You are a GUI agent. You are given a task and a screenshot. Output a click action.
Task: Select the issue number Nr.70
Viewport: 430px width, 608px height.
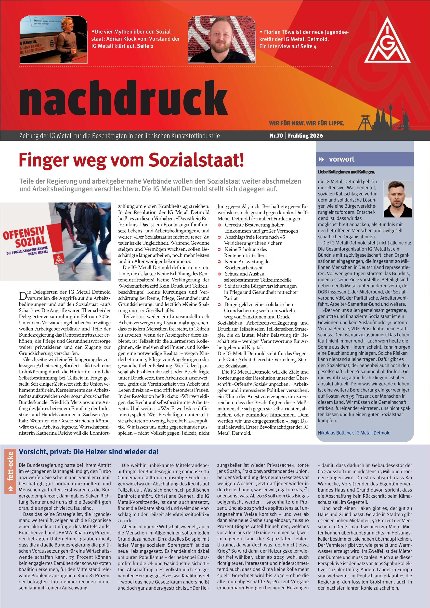pos(276,136)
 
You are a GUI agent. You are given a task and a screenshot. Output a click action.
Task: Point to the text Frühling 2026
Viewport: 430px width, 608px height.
pos(305,136)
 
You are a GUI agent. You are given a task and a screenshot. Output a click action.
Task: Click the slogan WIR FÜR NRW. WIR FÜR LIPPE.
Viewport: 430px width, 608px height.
pos(307,123)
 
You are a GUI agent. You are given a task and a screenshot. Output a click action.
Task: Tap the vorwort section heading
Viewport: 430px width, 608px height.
pos(341,159)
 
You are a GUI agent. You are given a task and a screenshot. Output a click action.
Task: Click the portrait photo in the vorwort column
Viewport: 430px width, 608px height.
pos(398,199)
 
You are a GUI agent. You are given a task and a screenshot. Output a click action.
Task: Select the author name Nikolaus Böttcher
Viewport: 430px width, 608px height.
pos(336,433)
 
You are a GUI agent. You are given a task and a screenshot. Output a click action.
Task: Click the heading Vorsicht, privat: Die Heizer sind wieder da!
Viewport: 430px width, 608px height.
pos(89,452)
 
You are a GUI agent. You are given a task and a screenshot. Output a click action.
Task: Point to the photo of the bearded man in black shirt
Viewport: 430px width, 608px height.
pos(222,40)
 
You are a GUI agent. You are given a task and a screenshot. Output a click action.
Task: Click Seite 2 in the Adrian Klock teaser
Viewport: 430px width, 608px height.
pos(145,46)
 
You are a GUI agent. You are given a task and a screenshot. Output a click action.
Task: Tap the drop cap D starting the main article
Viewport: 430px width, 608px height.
pos(23,294)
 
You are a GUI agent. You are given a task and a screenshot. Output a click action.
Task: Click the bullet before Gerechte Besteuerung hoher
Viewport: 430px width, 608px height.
pos(219,225)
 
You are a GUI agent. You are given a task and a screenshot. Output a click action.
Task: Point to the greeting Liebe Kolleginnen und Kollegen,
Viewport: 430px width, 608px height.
pos(347,172)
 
